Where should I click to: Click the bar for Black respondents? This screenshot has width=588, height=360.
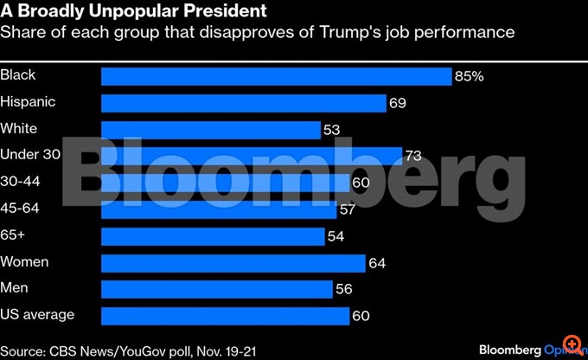[277, 76]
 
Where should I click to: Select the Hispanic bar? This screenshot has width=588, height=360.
[243, 103]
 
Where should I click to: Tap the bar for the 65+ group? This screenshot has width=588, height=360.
[213, 236]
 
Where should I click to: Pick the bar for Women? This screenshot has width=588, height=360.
[233, 262]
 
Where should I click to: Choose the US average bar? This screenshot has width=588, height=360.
[225, 316]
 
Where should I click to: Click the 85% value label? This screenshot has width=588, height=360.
[469, 76]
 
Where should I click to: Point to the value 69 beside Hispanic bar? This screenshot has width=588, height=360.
[398, 104]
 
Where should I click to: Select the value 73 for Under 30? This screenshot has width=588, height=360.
[413, 157]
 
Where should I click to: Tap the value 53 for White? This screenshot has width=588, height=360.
[331, 130]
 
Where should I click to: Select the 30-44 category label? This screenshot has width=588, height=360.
[22, 182]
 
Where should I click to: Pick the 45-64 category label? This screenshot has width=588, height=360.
[22, 209]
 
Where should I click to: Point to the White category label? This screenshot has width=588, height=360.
[18, 128]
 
